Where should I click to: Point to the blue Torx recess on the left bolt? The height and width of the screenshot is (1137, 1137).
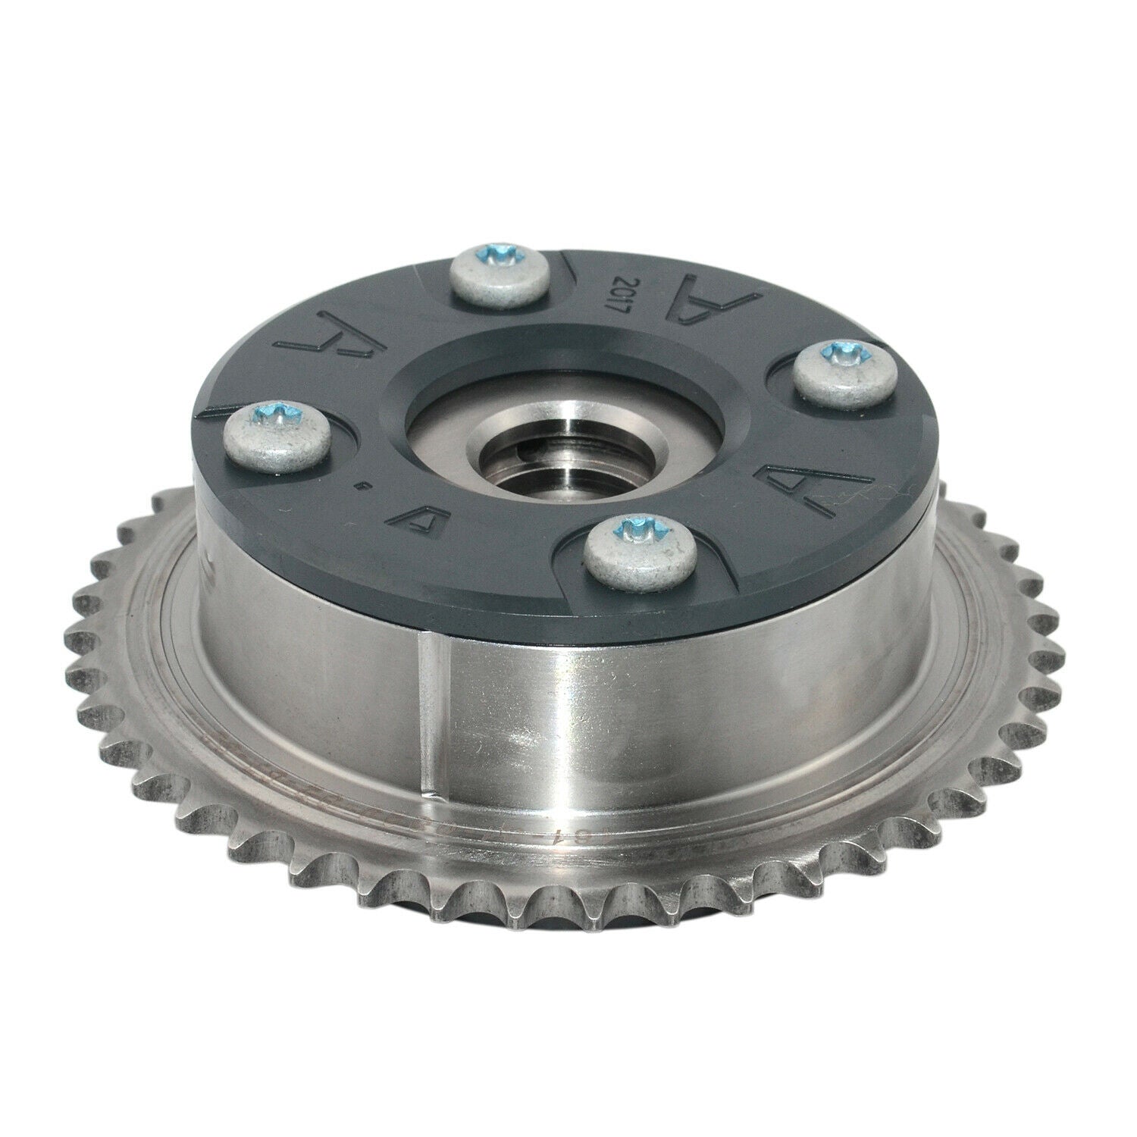[x=288, y=413]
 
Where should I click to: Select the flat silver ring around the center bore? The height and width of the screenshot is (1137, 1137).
[x=455, y=424]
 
